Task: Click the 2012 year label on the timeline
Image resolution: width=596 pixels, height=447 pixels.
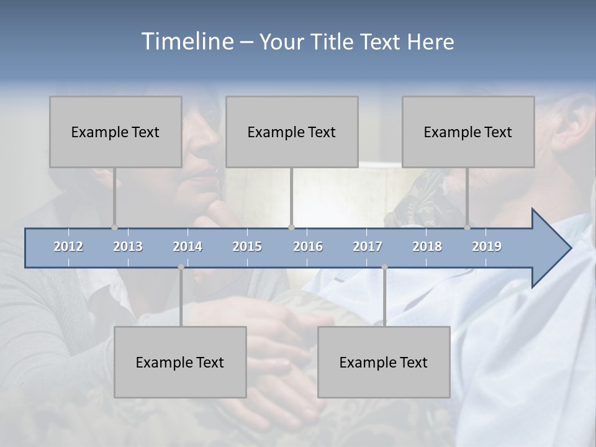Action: pyautogui.click(x=68, y=246)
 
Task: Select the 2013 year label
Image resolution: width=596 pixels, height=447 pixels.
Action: pyautogui.click(x=128, y=246)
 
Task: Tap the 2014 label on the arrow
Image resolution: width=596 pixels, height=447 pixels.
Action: pyautogui.click(x=187, y=246)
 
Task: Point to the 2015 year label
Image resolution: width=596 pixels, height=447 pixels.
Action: pyautogui.click(x=247, y=246)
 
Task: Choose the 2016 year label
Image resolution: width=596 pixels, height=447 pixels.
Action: pyautogui.click(x=308, y=246)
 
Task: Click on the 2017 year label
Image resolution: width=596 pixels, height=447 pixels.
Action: pyautogui.click(x=368, y=246)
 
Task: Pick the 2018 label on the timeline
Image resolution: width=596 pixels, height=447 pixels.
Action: pyautogui.click(x=427, y=246)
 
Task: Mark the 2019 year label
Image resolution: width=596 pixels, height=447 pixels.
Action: pyautogui.click(x=487, y=246)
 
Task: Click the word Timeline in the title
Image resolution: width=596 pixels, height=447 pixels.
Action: pyautogui.click(x=186, y=42)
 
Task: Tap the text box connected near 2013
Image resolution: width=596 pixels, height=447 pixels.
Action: pyautogui.click(x=115, y=132)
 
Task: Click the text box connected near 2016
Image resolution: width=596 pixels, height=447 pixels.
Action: pyautogui.click(x=292, y=132)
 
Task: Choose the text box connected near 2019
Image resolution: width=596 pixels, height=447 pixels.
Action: pyautogui.click(x=468, y=132)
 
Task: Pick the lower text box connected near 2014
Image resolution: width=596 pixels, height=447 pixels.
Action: pyautogui.click(x=180, y=362)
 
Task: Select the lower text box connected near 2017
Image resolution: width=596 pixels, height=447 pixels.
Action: pyautogui.click(x=384, y=362)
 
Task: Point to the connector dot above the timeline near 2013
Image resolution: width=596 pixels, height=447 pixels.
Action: pyautogui.click(x=114, y=227)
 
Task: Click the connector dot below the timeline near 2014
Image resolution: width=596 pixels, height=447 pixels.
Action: pyautogui.click(x=181, y=267)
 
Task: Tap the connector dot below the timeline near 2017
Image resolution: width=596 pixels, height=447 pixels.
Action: pyautogui.click(x=384, y=267)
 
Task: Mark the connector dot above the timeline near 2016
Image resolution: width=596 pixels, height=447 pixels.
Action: pyautogui.click(x=292, y=227)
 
